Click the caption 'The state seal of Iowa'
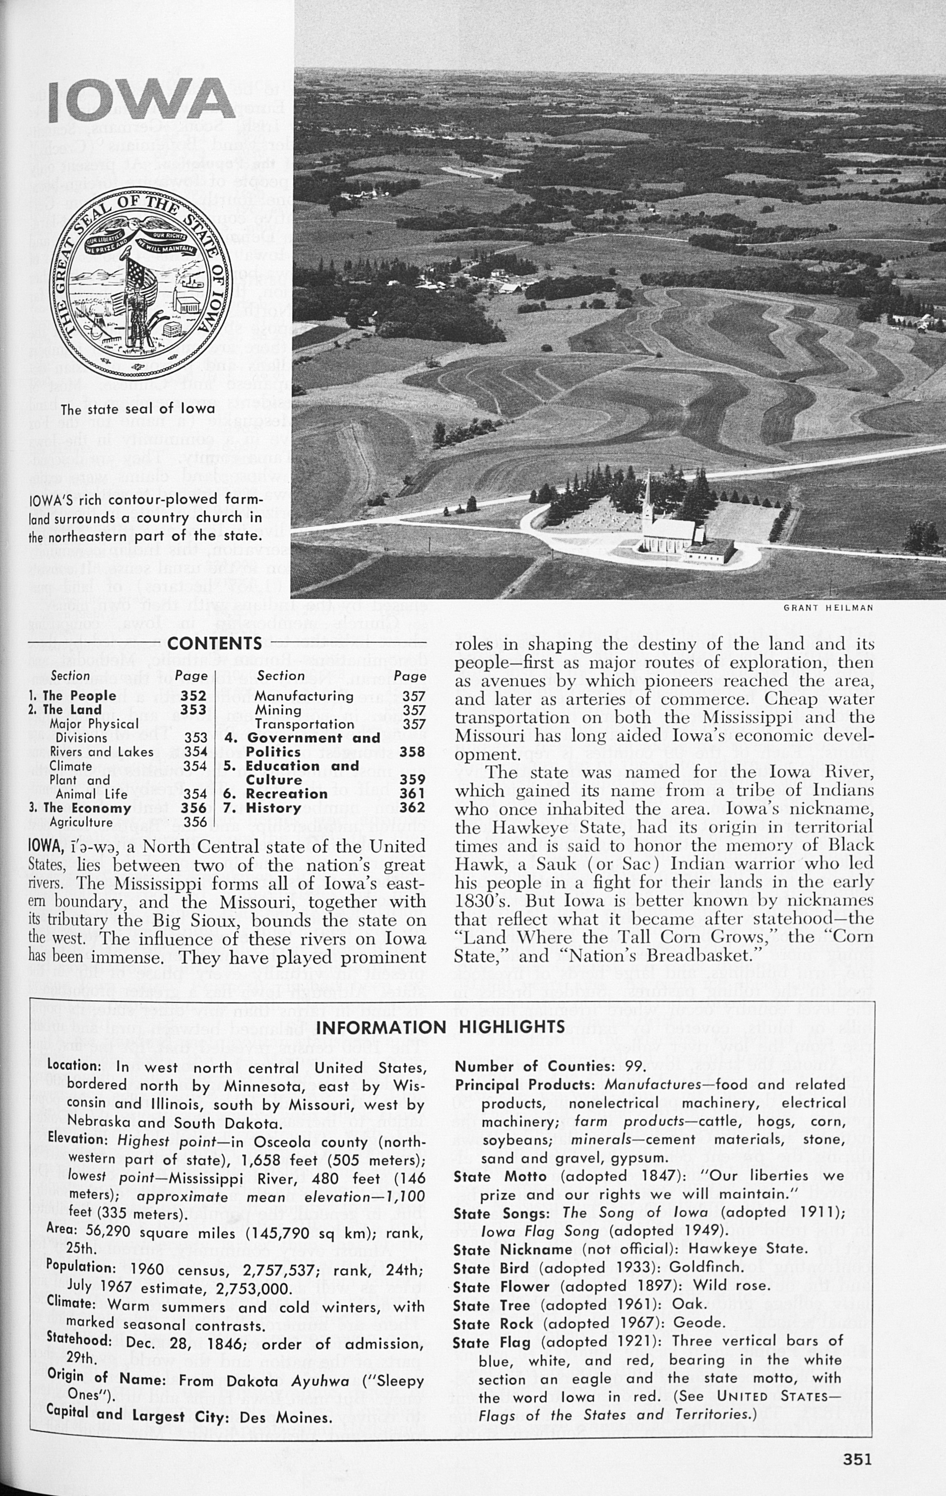(138, 409)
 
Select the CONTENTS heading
(214, 644)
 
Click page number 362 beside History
(413, 807)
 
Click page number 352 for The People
(194, 696)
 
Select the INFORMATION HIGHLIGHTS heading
(440, 1028)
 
